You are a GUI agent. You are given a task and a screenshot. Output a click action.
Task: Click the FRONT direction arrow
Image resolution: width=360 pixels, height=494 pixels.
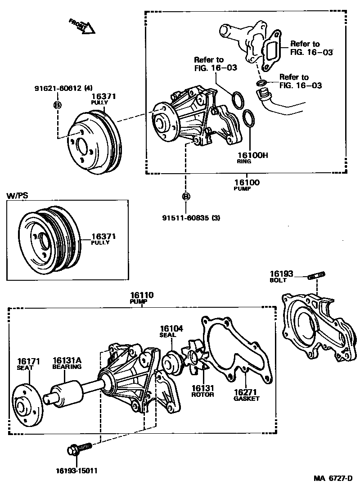point(83,26)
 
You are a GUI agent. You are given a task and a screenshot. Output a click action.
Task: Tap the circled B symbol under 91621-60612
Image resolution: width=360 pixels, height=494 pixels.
point(58,105)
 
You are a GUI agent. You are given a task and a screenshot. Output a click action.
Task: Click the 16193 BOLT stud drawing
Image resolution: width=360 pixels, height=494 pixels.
point(317,275)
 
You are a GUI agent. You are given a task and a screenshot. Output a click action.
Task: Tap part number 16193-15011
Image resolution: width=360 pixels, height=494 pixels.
point(76,471)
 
